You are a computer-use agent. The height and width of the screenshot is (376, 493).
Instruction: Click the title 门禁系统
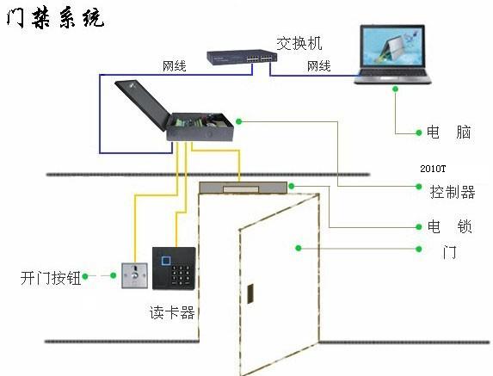point(55,18)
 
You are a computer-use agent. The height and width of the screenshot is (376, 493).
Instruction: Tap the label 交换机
point(299,43)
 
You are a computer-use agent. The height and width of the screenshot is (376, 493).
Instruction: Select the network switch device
point(242,57)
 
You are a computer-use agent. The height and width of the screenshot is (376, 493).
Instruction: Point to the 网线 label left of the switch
point(174,66)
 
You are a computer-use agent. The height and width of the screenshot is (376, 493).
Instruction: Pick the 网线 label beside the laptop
point(319,66)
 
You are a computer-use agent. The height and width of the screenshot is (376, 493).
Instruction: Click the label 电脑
point(448,132)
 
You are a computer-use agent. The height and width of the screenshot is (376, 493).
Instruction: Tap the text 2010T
point(433,169)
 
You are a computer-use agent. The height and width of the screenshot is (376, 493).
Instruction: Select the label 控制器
point(453,192)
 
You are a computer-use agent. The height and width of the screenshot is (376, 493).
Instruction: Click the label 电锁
point(450,226)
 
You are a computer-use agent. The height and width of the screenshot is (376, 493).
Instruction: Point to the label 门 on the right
point(450,252)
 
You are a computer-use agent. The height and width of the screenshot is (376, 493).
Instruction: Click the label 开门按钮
point(51,278)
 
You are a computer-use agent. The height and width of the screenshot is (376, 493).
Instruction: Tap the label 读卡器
point(172,312)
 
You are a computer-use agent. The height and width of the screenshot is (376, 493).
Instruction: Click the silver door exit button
point(134,275)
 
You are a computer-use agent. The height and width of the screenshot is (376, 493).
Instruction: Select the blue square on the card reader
point(166,261)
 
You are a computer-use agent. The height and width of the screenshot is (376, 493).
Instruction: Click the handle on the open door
point(250,293)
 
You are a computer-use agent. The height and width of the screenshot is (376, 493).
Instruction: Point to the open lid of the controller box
point(143,104)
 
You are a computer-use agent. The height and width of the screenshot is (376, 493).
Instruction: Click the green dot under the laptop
point(395,89)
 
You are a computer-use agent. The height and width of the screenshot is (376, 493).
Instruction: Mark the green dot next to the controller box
point(239,121)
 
